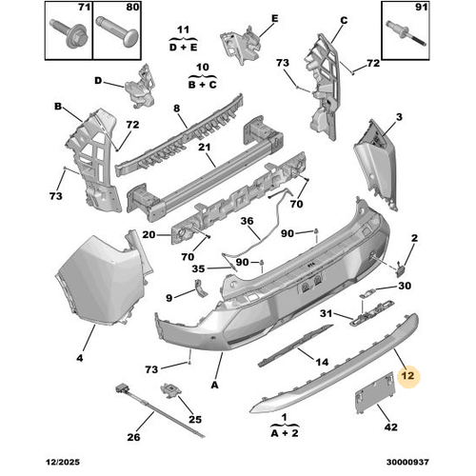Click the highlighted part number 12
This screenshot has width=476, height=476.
(407, 375)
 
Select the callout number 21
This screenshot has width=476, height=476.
(205, 147)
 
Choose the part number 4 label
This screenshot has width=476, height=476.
(80, 358)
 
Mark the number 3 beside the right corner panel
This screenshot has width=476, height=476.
(399, 117)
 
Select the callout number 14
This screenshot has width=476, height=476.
(322, 363)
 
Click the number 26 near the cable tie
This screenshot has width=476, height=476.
(134, 437)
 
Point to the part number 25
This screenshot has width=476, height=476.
(195, 419)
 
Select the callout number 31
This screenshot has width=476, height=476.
(324, 315)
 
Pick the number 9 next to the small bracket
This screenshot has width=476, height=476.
(169, 298)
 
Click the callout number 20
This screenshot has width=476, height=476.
(149, 235)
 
